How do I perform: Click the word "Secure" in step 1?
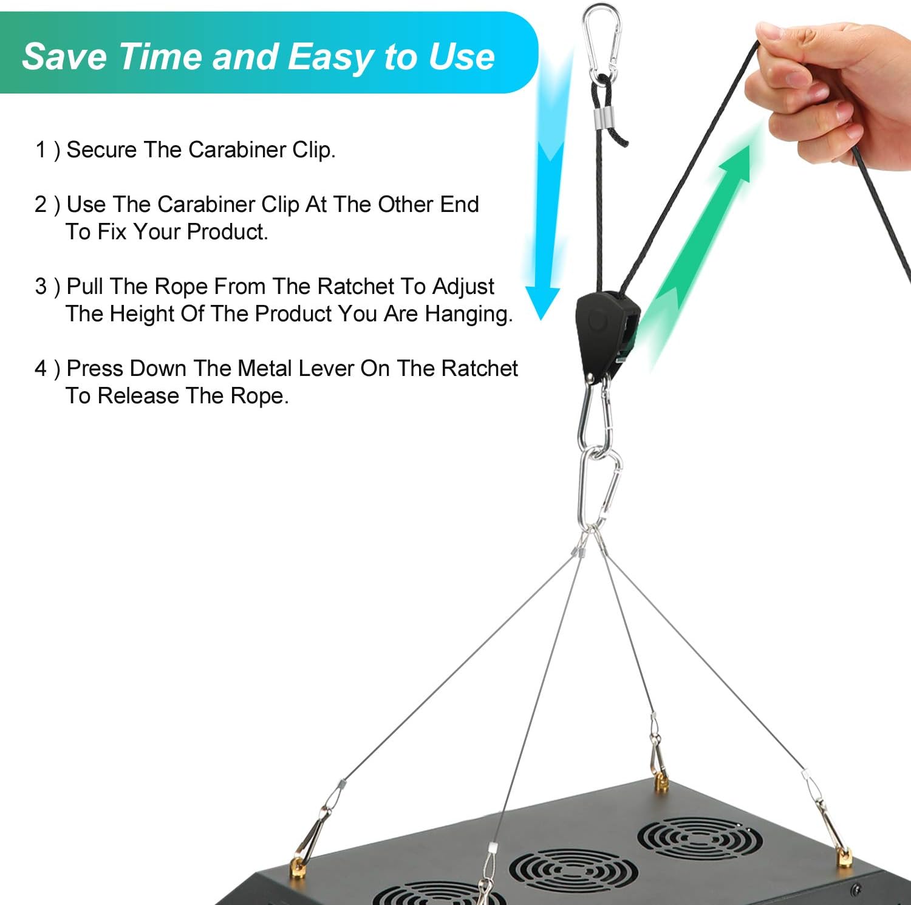pos(101,149)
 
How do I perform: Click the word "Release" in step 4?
pos(139,395)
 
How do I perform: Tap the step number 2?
pos(41,205)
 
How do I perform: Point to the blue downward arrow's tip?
pos(541,318)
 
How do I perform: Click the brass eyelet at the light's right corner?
pos(845,857)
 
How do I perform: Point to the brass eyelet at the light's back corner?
pos(661,784)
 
